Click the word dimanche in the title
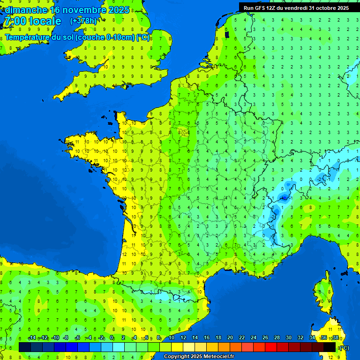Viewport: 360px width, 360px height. (26, 10)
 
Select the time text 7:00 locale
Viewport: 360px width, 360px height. (33, 21)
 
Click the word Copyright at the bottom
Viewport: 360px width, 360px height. (176, 357)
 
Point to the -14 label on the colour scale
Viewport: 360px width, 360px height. (32, 338)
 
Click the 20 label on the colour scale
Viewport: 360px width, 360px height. (230, 338)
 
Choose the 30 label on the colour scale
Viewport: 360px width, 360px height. (288, 338)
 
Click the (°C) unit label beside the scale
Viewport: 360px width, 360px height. (345, 347)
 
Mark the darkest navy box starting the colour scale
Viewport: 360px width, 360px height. (25, 347)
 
